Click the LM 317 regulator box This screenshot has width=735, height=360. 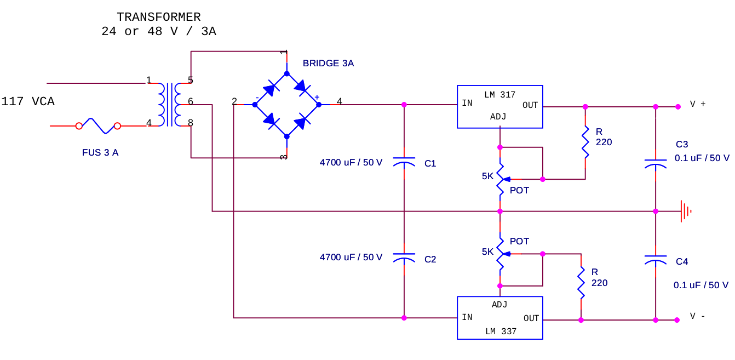point(499,106)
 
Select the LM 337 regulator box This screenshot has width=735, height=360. point(499,318)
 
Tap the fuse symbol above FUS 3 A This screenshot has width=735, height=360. point(98,125)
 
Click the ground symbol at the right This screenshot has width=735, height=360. point(685,211)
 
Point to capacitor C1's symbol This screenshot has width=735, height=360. point(404,163)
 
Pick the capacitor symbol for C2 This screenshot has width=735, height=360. point(404,259)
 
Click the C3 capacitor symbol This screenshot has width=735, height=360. point(656,163)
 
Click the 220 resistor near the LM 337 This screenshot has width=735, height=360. point(581,283)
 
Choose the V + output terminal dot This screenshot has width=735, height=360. point(677,106)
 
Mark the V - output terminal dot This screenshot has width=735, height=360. point(677,320)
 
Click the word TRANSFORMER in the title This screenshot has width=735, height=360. point(158,18)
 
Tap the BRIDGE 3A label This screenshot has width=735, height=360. point(328,64)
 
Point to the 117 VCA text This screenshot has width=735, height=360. point(28,102)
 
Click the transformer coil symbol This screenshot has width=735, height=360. point(170,104)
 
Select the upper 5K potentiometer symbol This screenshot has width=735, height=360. point(501,179)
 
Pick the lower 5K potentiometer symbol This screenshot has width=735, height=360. point(501,254)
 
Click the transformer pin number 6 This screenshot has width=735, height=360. point(191,101)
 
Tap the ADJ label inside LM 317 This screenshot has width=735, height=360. point(498,117)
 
